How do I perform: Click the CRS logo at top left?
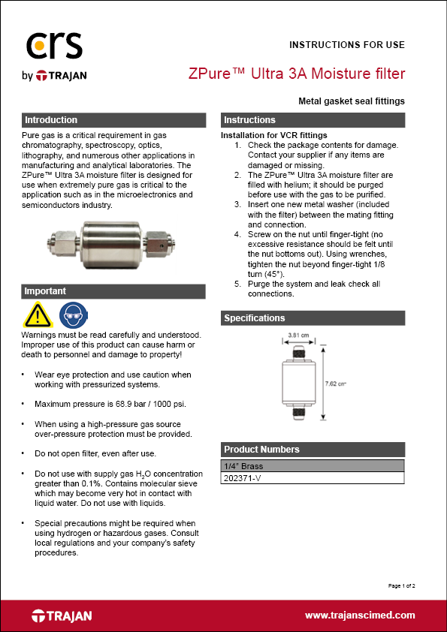[53, 47]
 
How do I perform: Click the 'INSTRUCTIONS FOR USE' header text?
[346, 45]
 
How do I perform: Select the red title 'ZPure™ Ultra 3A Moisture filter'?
[296, 74]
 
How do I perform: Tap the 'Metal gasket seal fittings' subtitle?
[351, 101]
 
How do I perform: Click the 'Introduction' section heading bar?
[113, 120]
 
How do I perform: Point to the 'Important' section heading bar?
[113, 291]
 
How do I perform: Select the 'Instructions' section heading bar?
[313, 120]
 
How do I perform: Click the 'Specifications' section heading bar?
[313, 318]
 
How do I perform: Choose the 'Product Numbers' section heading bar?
[313, 450]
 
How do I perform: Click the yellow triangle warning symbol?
[38, 314]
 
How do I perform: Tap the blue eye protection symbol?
[71, 314]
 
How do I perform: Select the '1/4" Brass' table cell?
[313, 466]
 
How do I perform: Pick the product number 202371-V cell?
[313, 478]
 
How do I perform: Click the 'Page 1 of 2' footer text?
[401, 585]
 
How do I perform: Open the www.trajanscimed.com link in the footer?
[360, 615]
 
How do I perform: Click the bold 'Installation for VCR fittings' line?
[273, 135]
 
